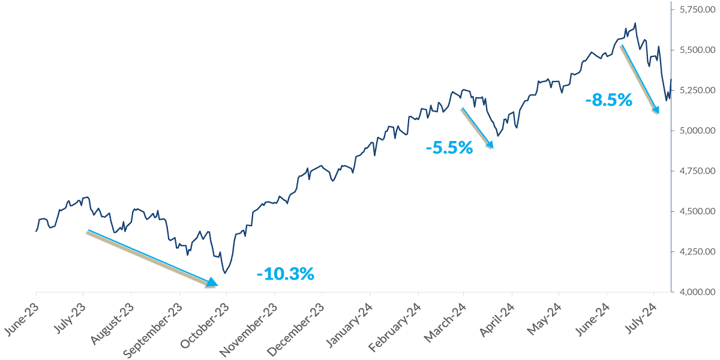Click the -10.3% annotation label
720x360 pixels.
285,274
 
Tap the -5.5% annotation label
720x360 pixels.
449,147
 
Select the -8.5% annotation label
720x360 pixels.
608,100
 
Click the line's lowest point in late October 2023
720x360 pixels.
224,273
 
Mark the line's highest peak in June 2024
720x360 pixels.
635,23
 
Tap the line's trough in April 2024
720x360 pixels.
499,137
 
